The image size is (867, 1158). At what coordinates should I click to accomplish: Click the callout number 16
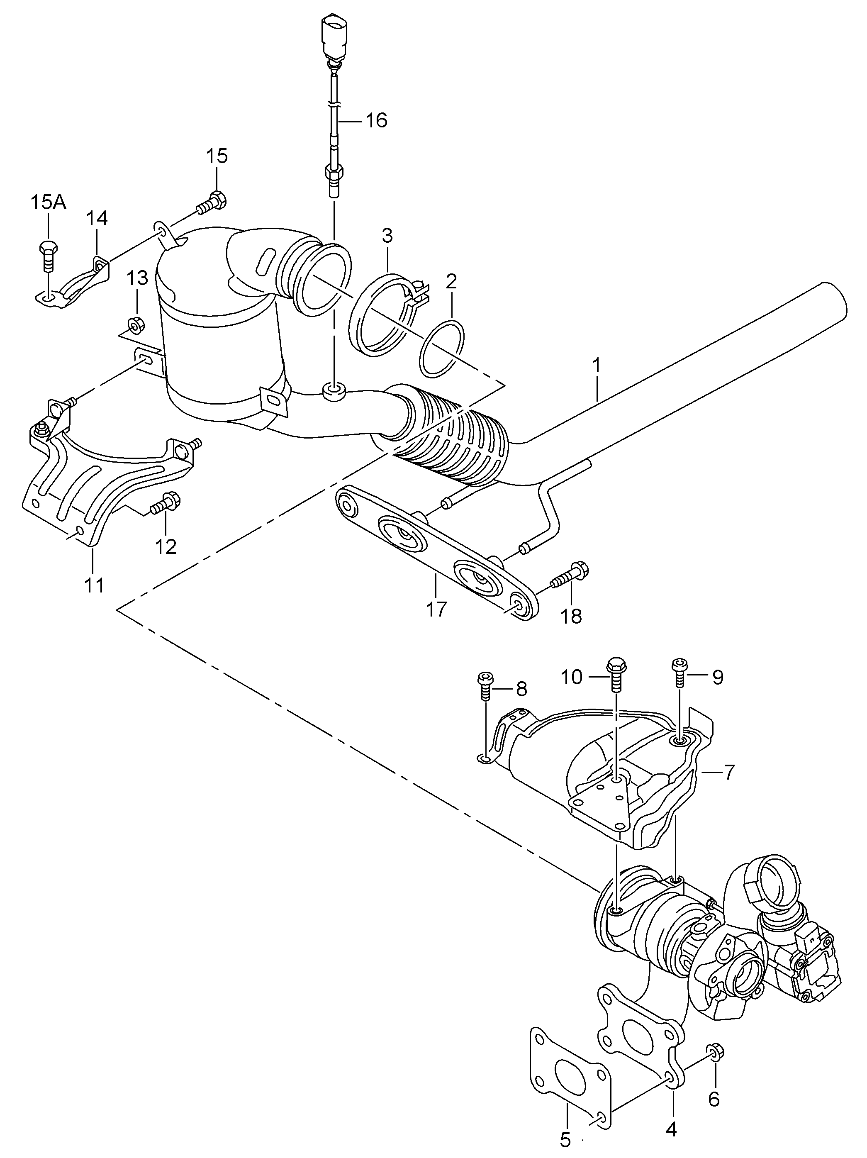(x=376, y=120)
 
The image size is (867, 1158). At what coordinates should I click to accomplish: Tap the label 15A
(x=48, y=202)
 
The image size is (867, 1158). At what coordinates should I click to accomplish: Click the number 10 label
(x=571, y=677)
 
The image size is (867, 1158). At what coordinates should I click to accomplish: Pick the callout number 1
(x=597, y=365)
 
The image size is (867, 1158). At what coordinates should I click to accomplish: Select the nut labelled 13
(x=136, y=324)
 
